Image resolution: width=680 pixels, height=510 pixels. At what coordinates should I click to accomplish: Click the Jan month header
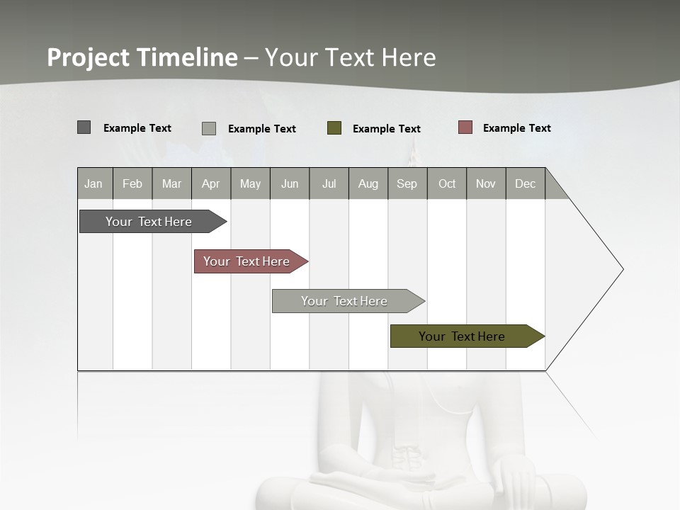click(x=94, y=183)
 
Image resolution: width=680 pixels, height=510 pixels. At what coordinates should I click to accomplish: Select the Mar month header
click(x=171, y=183)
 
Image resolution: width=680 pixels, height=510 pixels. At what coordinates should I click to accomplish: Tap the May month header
click(x=250, y=183)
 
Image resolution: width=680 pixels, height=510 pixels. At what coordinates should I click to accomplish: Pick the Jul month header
click(x=329, y=183)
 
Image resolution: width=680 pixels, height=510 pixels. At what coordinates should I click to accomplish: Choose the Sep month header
click(x=407, y=183)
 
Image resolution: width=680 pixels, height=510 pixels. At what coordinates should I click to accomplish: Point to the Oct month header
click(x=447, y=183)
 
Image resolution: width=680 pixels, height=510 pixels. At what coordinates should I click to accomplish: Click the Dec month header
click(x=525, y=183)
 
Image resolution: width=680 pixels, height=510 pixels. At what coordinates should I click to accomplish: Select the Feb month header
click(x=132, y=183)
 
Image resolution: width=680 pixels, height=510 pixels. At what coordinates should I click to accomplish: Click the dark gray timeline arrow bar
click(x=149, y=222)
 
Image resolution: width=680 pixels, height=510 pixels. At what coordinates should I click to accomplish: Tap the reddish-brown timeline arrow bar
click(x=246, y=261)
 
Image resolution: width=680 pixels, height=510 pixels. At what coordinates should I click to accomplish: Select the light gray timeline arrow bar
click(x=344, y=301)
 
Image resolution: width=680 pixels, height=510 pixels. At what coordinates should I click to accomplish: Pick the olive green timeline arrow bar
click(x=462, y=336)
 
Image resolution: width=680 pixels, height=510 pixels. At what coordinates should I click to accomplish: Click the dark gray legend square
click(x=84, y=127)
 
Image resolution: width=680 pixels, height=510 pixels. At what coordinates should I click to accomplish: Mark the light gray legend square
click(x=208, y=128)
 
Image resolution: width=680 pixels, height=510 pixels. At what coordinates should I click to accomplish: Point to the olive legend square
click(x=334, y=128)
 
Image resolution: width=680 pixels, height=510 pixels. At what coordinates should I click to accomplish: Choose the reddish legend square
click(x=465, y=127)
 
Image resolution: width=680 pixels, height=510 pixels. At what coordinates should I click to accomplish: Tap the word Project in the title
click(x=89, y=57)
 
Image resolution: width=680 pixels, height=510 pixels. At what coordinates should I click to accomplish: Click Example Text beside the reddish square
click(x=516, y=128)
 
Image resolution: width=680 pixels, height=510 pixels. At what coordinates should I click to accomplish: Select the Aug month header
click(x=368, y=183)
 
